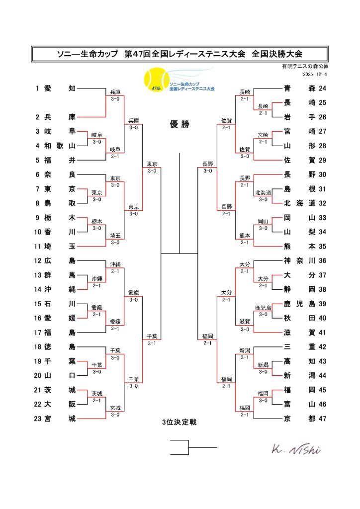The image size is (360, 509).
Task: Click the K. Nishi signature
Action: tap(296, 449)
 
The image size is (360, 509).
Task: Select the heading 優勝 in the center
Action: tap(180, 125)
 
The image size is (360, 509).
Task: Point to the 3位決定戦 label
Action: tap(180, 423)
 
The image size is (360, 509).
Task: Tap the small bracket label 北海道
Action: tap(263, 193)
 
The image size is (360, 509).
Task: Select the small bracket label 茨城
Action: tap(96, 393)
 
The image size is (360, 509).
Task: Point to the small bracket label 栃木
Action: tap(96, 222)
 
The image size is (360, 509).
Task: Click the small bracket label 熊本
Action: tap(244, 236)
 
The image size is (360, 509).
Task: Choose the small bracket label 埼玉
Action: tap(115, 236)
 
